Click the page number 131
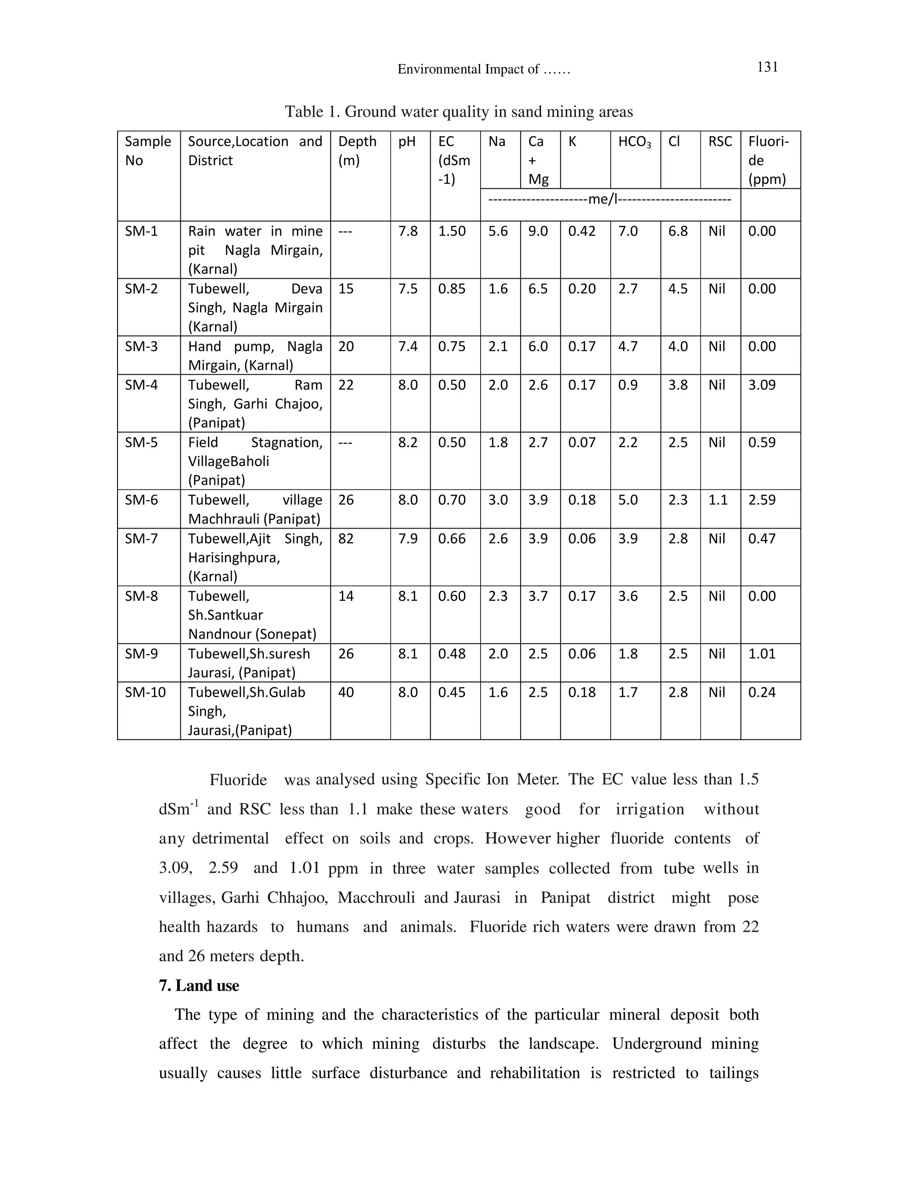[767, 67]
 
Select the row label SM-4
[141, 385]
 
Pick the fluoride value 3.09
[761, 385]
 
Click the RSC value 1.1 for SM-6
[718, 500]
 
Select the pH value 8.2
[408, 442]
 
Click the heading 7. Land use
[199, 985]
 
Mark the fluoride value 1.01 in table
[761, 653]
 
